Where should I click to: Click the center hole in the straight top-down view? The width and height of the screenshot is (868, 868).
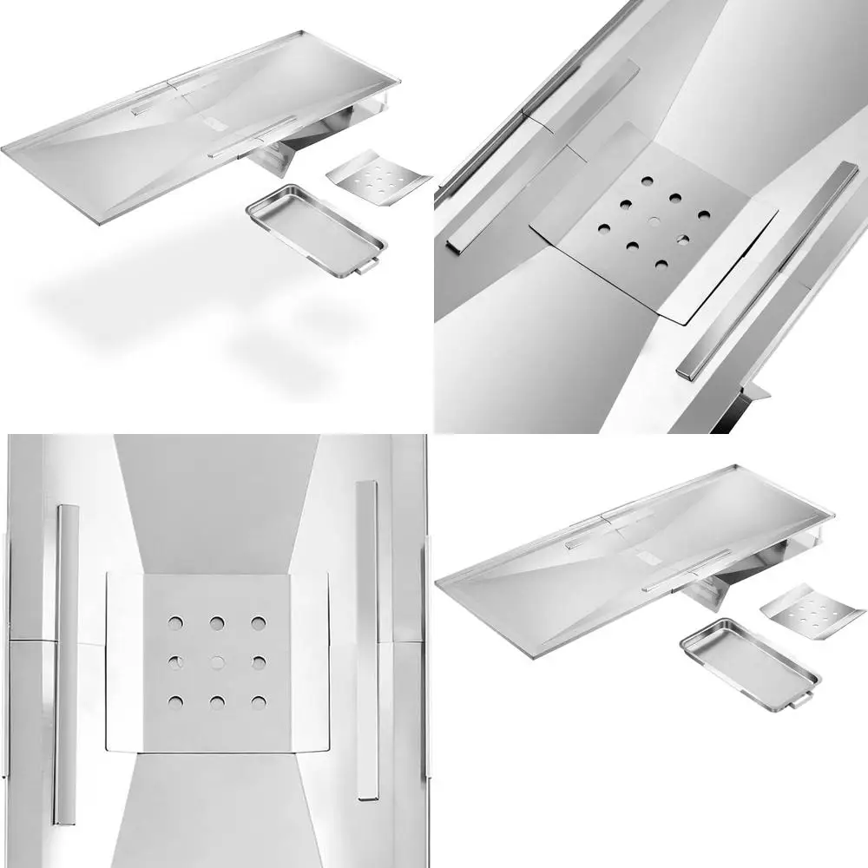coord(217,662)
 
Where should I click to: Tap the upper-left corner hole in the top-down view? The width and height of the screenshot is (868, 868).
coord(175,622)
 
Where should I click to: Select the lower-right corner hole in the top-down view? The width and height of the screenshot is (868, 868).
coord(259,702)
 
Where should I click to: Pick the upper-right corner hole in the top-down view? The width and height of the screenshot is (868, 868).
coord(259,622)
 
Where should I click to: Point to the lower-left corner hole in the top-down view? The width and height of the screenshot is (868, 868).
coord(175,702)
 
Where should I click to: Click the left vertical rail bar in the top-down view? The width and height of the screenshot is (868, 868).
coord(65,664)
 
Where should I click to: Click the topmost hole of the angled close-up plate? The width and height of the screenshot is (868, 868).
coord(648,181)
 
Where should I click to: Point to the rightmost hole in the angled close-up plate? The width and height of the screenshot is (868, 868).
coord(703,214)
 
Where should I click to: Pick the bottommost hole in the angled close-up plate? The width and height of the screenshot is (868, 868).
coord(661,264)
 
